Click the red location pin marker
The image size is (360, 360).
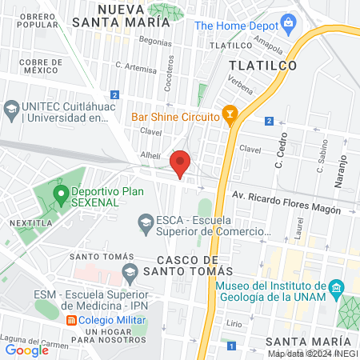[181, 163]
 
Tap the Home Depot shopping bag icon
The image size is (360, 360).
[183, 25]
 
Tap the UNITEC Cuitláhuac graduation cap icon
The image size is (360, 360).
[12, 107]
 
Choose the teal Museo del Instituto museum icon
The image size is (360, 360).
[337, 286]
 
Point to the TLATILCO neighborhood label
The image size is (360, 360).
[263, 65]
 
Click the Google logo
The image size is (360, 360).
[26, 350]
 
